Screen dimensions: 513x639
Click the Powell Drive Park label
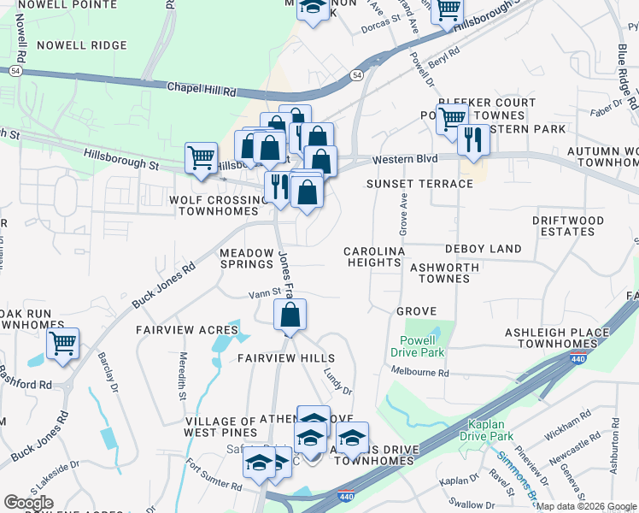click(418, 345)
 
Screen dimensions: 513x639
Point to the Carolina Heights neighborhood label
click(373, 256)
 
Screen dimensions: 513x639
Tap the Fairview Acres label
click(186, 330)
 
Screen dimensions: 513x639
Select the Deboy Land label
click(483, 249)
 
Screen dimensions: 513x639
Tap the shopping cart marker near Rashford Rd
click(62, 345)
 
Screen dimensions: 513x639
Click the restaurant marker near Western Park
click(472, 139)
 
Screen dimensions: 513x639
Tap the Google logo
click(29, 503)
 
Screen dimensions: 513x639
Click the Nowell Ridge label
click(82, 45)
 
